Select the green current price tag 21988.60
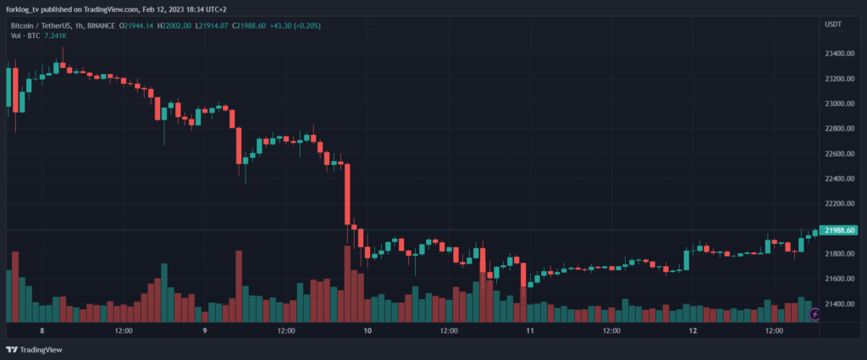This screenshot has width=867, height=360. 840,230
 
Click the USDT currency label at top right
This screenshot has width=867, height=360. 833,25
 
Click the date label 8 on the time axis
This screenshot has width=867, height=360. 41,331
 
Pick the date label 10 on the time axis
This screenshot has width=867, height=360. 367,331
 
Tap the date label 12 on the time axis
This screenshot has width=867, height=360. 693,331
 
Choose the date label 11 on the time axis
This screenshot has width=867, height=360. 530,331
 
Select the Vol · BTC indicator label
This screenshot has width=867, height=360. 26,36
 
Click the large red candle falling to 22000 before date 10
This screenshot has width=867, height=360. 347,195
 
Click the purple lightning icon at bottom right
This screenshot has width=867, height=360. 815,314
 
